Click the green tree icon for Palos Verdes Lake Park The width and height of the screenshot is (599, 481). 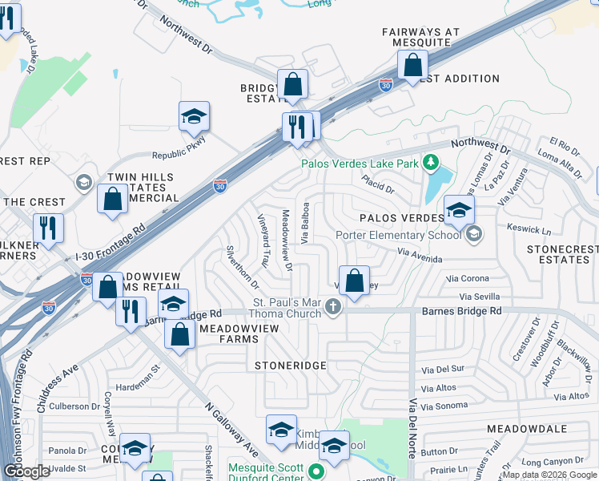[x=432, y=164]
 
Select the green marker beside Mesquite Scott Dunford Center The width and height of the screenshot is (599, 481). [x=317, y=473]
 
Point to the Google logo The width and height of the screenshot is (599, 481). [x=26, y=471]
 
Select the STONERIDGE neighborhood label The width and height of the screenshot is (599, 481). [x=291, y=366]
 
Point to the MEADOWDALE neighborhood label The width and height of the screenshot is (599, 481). [x=527, y=430]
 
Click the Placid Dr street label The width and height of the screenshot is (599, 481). [x=378, y=185]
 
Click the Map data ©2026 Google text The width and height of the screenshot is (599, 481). [x=549, y=475]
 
